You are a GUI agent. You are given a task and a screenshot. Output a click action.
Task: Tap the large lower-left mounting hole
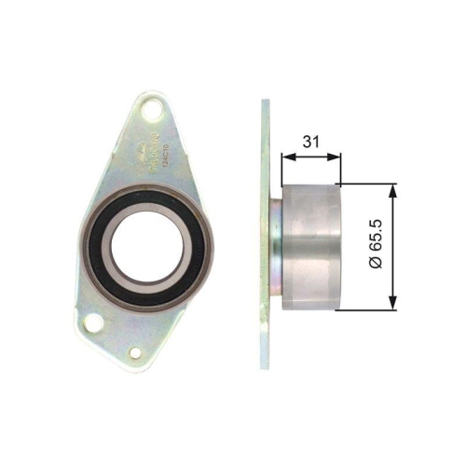[92, 322]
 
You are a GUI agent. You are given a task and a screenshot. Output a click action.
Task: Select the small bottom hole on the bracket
[136, 353]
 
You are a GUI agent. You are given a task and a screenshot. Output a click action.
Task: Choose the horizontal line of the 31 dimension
[311, 157]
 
